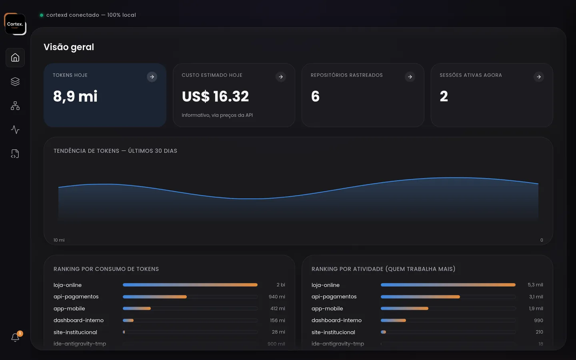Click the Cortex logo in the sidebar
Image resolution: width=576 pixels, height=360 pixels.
15,24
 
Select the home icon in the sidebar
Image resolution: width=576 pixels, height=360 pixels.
15,58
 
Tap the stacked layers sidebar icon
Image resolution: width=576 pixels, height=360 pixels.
15,82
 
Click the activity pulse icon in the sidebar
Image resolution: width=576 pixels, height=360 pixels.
15,130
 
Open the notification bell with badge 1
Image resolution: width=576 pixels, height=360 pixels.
15,337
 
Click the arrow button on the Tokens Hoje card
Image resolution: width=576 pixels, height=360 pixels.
152,77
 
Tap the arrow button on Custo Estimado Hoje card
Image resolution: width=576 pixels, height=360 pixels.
281,77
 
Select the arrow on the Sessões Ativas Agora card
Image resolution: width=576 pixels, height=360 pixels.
539,77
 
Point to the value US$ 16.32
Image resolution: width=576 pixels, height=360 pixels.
215,96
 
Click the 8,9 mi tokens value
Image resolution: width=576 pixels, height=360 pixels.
75,96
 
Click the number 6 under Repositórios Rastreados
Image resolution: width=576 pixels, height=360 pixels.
315,96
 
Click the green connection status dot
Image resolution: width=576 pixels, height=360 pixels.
42,15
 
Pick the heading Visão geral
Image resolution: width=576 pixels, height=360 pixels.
69,47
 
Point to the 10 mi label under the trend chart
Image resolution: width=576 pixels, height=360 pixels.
59,240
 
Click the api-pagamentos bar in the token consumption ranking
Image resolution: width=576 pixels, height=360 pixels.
155,297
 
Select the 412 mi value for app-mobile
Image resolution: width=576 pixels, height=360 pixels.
278,308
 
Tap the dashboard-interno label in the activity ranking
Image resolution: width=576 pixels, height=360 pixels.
336,320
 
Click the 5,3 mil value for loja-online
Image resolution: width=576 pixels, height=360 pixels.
535,285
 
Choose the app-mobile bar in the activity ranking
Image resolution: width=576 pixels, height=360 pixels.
404,308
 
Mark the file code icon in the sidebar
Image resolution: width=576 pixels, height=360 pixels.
15,154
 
